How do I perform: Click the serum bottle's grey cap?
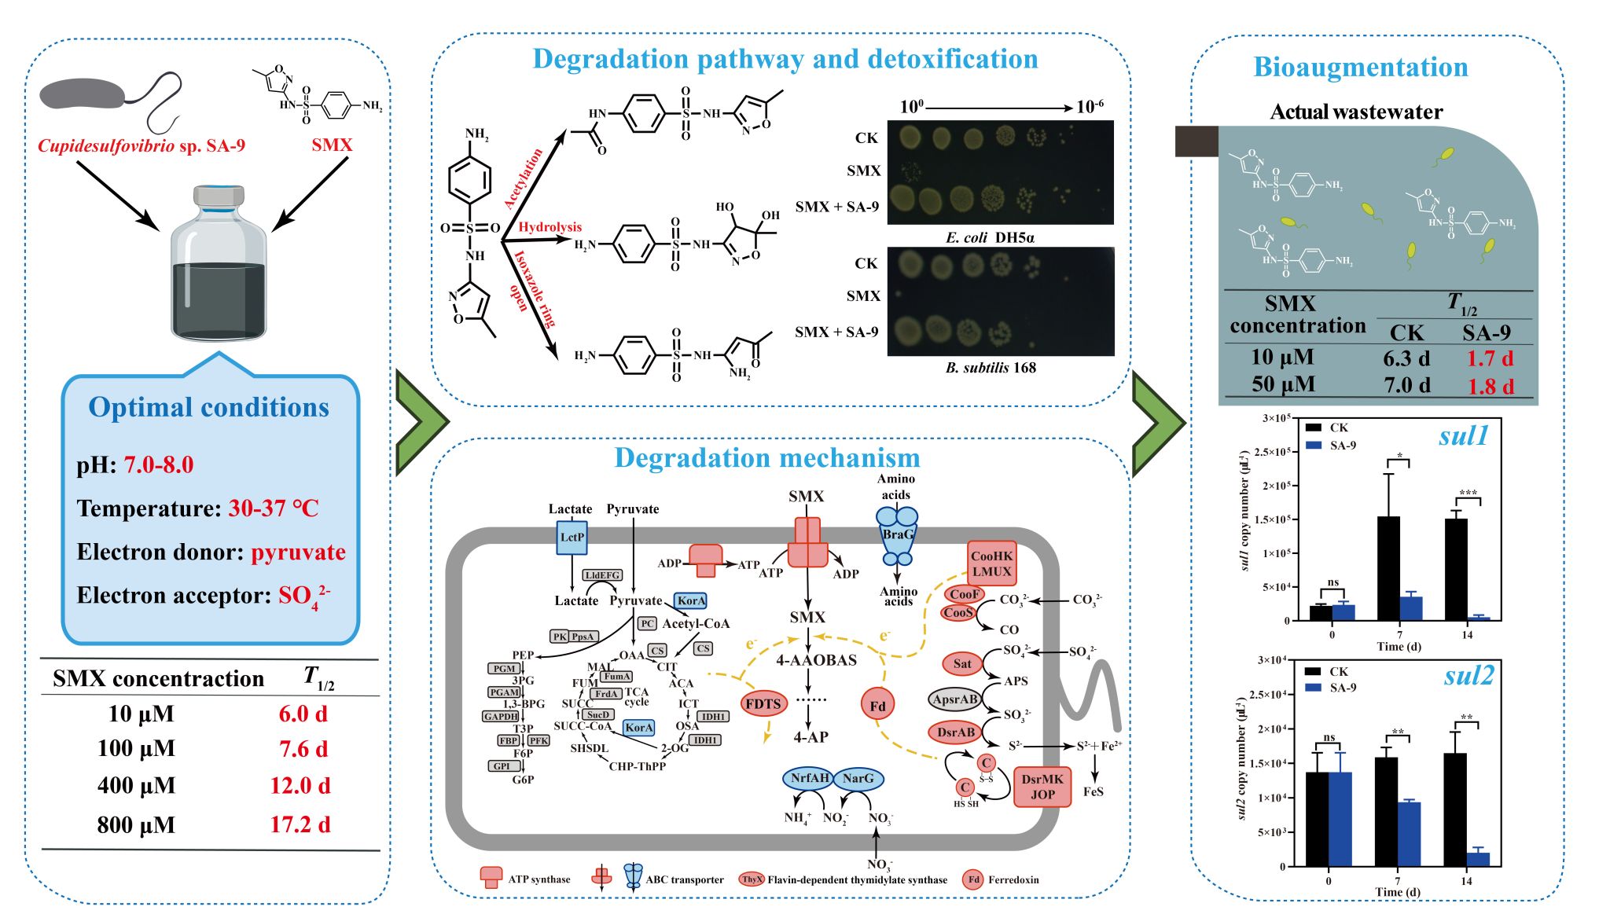coord(219,196)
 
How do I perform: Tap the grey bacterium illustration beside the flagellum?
coord(83,94)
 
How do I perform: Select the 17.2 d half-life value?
coord(300,824)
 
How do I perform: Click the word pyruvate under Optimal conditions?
coord(298,552)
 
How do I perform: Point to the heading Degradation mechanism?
coord(766,457)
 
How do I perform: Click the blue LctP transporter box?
coord(572,538)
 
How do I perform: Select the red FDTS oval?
coord(763,703)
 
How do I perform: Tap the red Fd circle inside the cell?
coord(877,706)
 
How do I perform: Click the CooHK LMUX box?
coord(991,563)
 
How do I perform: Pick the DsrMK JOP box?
coord(1042,787)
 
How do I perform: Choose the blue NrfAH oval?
coord(809,778)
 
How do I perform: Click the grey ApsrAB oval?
coord(955,699)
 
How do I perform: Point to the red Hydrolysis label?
coord(550,227)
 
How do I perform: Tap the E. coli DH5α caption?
coord(990,237)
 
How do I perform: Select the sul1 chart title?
coord(1463,435)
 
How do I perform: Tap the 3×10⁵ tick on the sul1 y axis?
coord(1276,418)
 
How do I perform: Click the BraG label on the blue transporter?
coord(897,534)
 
